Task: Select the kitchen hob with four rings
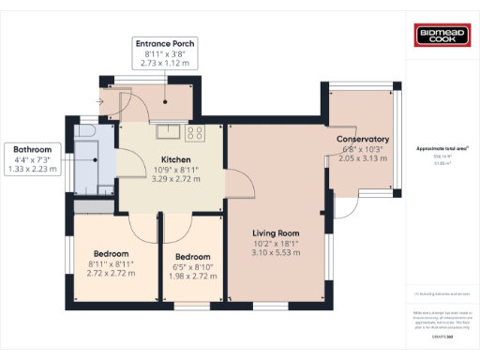195,133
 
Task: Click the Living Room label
276,233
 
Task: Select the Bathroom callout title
33,149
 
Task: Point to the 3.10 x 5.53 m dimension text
276,253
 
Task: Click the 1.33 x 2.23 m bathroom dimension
33,170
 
